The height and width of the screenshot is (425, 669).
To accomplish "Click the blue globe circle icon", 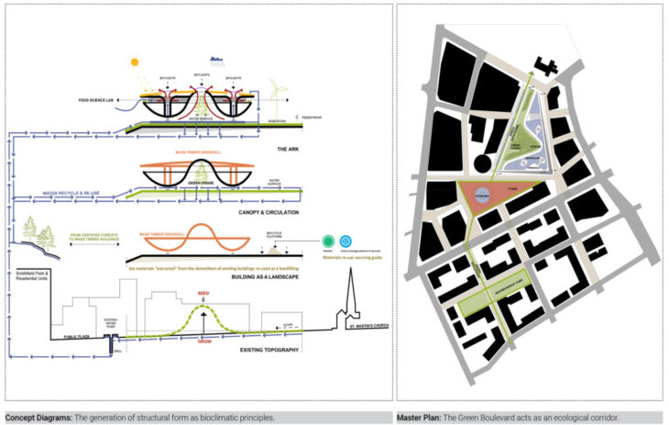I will tap(345, 240).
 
